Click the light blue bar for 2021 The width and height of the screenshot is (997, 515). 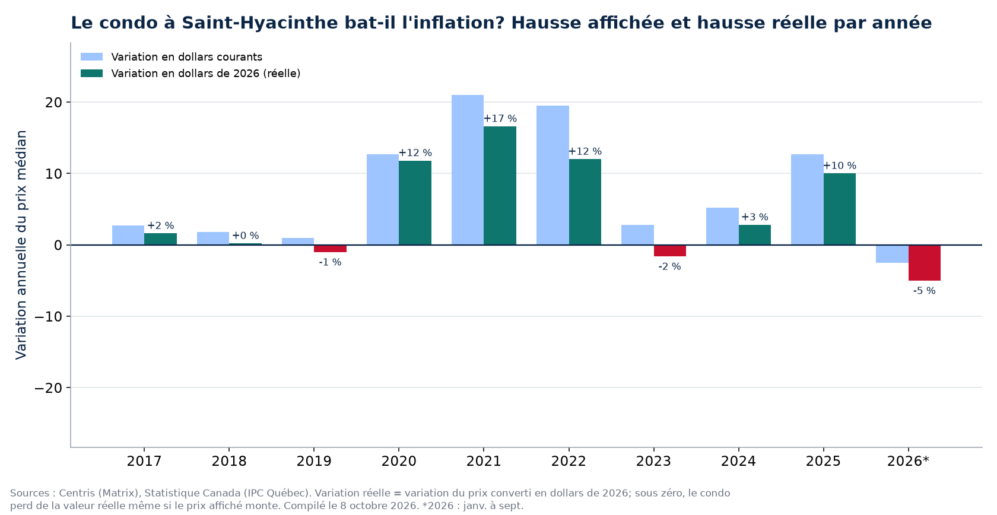(x=468, y=170)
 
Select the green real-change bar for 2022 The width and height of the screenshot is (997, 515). (x=585, y=202)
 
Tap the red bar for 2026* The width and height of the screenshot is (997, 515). (x=925, y=263)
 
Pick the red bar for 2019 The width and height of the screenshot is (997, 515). (x=330, y=249)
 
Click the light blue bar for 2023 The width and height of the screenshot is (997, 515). (x=637, y=234)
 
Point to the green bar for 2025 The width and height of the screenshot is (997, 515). (x=839, y=209)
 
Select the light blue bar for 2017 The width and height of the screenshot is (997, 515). (x=128, y=235)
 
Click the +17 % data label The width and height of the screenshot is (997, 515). (x=500, y=119)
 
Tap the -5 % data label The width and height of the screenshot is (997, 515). (x=925, y=291)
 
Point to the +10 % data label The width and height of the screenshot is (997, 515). (x=839, y=166)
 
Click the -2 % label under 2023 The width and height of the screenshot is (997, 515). (x=670, y=266)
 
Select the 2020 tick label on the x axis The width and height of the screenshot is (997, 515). (x=399, y=461)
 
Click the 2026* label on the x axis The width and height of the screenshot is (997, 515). (x=909, y=461)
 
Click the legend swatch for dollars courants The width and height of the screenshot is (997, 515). (x=91, y=57)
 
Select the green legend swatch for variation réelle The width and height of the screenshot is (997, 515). (x=91, y=74)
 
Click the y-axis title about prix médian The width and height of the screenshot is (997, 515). (x=21, y=245)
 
